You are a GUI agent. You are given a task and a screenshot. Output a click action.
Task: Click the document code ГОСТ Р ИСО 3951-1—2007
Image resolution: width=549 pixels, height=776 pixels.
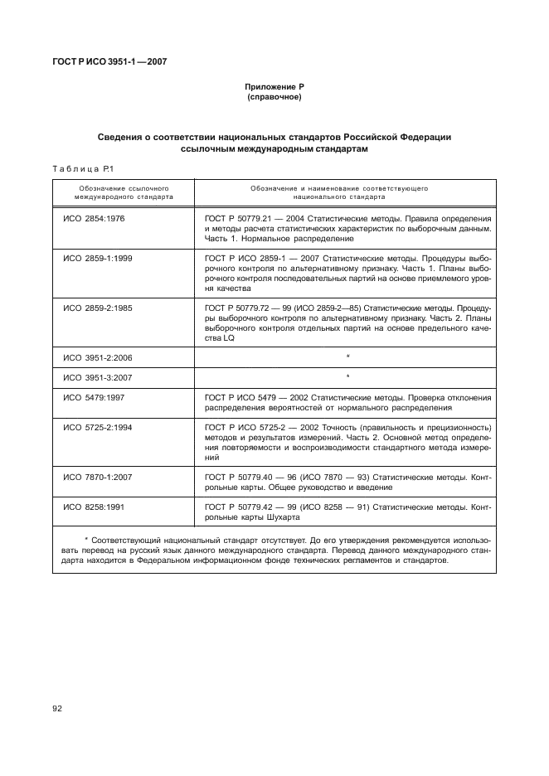(110, 62)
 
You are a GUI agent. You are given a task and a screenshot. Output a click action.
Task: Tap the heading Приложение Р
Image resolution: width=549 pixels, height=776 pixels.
(274, 87)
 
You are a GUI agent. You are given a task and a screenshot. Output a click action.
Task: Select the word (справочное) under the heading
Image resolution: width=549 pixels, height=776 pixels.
(274, 98)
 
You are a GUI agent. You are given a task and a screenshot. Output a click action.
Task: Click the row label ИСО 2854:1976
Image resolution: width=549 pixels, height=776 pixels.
(93, 218)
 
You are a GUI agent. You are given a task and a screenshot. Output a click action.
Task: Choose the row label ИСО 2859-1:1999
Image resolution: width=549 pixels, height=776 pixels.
(98, 259)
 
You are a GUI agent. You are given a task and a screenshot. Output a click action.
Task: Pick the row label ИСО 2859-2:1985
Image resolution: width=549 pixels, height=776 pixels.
(98, 308)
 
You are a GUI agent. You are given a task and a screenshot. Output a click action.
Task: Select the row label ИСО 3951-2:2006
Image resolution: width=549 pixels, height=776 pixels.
(98, 356)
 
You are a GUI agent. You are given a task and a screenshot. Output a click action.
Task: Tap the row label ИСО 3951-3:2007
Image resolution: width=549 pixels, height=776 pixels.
(98, 377)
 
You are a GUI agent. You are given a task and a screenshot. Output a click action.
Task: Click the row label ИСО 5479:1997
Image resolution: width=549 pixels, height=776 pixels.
(93, 397)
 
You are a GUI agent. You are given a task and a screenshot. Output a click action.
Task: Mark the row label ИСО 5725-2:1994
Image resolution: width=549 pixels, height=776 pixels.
(98, 427)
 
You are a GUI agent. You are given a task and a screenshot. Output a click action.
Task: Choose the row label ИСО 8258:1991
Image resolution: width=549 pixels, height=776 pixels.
(93, 507)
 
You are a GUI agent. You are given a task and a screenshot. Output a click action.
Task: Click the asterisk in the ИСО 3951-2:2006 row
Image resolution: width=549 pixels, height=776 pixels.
(347, 356)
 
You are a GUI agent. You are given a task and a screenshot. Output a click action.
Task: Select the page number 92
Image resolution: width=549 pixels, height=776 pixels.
(58, 709)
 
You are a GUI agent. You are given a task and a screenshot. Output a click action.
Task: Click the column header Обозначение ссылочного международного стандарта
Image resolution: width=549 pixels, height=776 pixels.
(123, 193)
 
